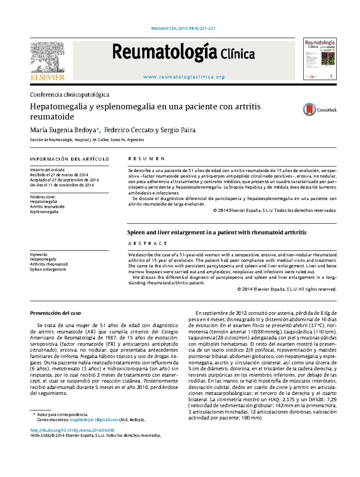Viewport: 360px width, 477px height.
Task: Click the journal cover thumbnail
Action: pos(320,59)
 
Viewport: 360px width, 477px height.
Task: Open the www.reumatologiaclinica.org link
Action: pos(184,77)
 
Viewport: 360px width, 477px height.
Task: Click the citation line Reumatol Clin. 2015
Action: pos(183,28)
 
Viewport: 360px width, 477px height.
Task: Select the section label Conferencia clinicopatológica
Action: pos(70,95)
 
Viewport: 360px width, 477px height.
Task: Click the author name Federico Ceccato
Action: pos(129,130)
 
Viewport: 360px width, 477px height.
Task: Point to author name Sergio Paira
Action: pos(178,130)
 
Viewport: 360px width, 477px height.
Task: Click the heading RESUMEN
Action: pos(146,159)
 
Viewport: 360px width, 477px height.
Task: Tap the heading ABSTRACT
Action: pos(148,243)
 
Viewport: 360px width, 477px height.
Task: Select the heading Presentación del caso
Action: pos(55,313)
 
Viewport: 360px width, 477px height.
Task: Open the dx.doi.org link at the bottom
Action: pos(72,430)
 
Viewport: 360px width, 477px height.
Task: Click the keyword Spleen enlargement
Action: pos(48,269)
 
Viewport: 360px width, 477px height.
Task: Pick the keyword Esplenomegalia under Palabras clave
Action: pos(44,212)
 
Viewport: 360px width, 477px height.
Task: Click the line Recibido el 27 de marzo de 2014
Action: pos(59,175)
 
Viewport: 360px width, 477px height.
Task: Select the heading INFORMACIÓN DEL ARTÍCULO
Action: pos(69,159)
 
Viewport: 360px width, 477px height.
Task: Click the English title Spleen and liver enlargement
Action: pos(217,232)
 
